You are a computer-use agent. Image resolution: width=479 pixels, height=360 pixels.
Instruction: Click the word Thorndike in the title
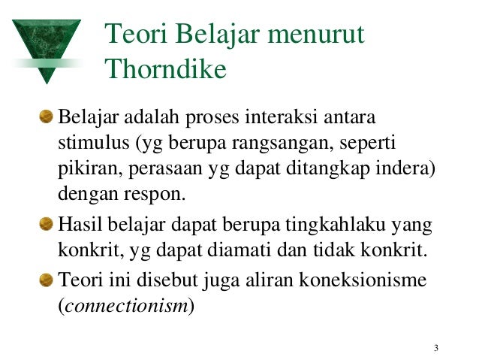point(165,69)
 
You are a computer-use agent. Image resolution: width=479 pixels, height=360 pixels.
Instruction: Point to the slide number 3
point(435,347)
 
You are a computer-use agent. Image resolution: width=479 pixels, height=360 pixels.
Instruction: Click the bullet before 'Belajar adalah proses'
point(48,116)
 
